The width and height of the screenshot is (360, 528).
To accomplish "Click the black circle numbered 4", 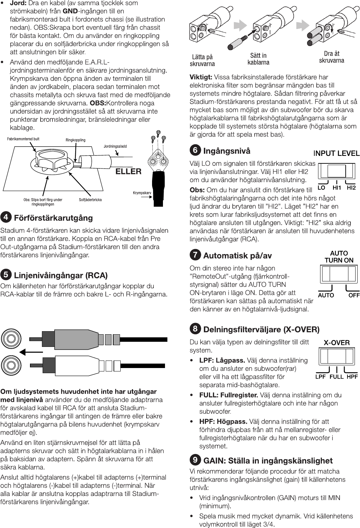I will pos(5,217).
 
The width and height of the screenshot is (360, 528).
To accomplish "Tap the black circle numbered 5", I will pos(5,275).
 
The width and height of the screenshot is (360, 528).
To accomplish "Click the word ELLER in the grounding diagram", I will pos(128,171).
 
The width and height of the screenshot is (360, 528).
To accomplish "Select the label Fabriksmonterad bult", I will pos(23,139).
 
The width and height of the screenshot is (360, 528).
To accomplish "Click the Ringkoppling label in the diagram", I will pos(75,140).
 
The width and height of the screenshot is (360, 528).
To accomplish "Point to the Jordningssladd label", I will pos(115,146).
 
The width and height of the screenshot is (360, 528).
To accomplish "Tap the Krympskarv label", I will pos(142,193).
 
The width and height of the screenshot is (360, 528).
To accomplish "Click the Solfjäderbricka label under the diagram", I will pos(90,200).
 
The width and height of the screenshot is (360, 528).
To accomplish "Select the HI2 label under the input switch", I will pos(351,188).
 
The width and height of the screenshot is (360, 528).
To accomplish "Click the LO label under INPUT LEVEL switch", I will pos(321,188).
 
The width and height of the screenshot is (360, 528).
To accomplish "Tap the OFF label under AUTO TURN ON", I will pos(354,295).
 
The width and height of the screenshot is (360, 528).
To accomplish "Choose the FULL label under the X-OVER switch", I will pos(336,377).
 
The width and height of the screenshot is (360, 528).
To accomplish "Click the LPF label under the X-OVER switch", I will pos(320,377).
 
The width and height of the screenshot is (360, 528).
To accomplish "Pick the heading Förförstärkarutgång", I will pos(53,218).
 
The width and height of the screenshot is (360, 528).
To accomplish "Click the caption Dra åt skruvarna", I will pos(331,57).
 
